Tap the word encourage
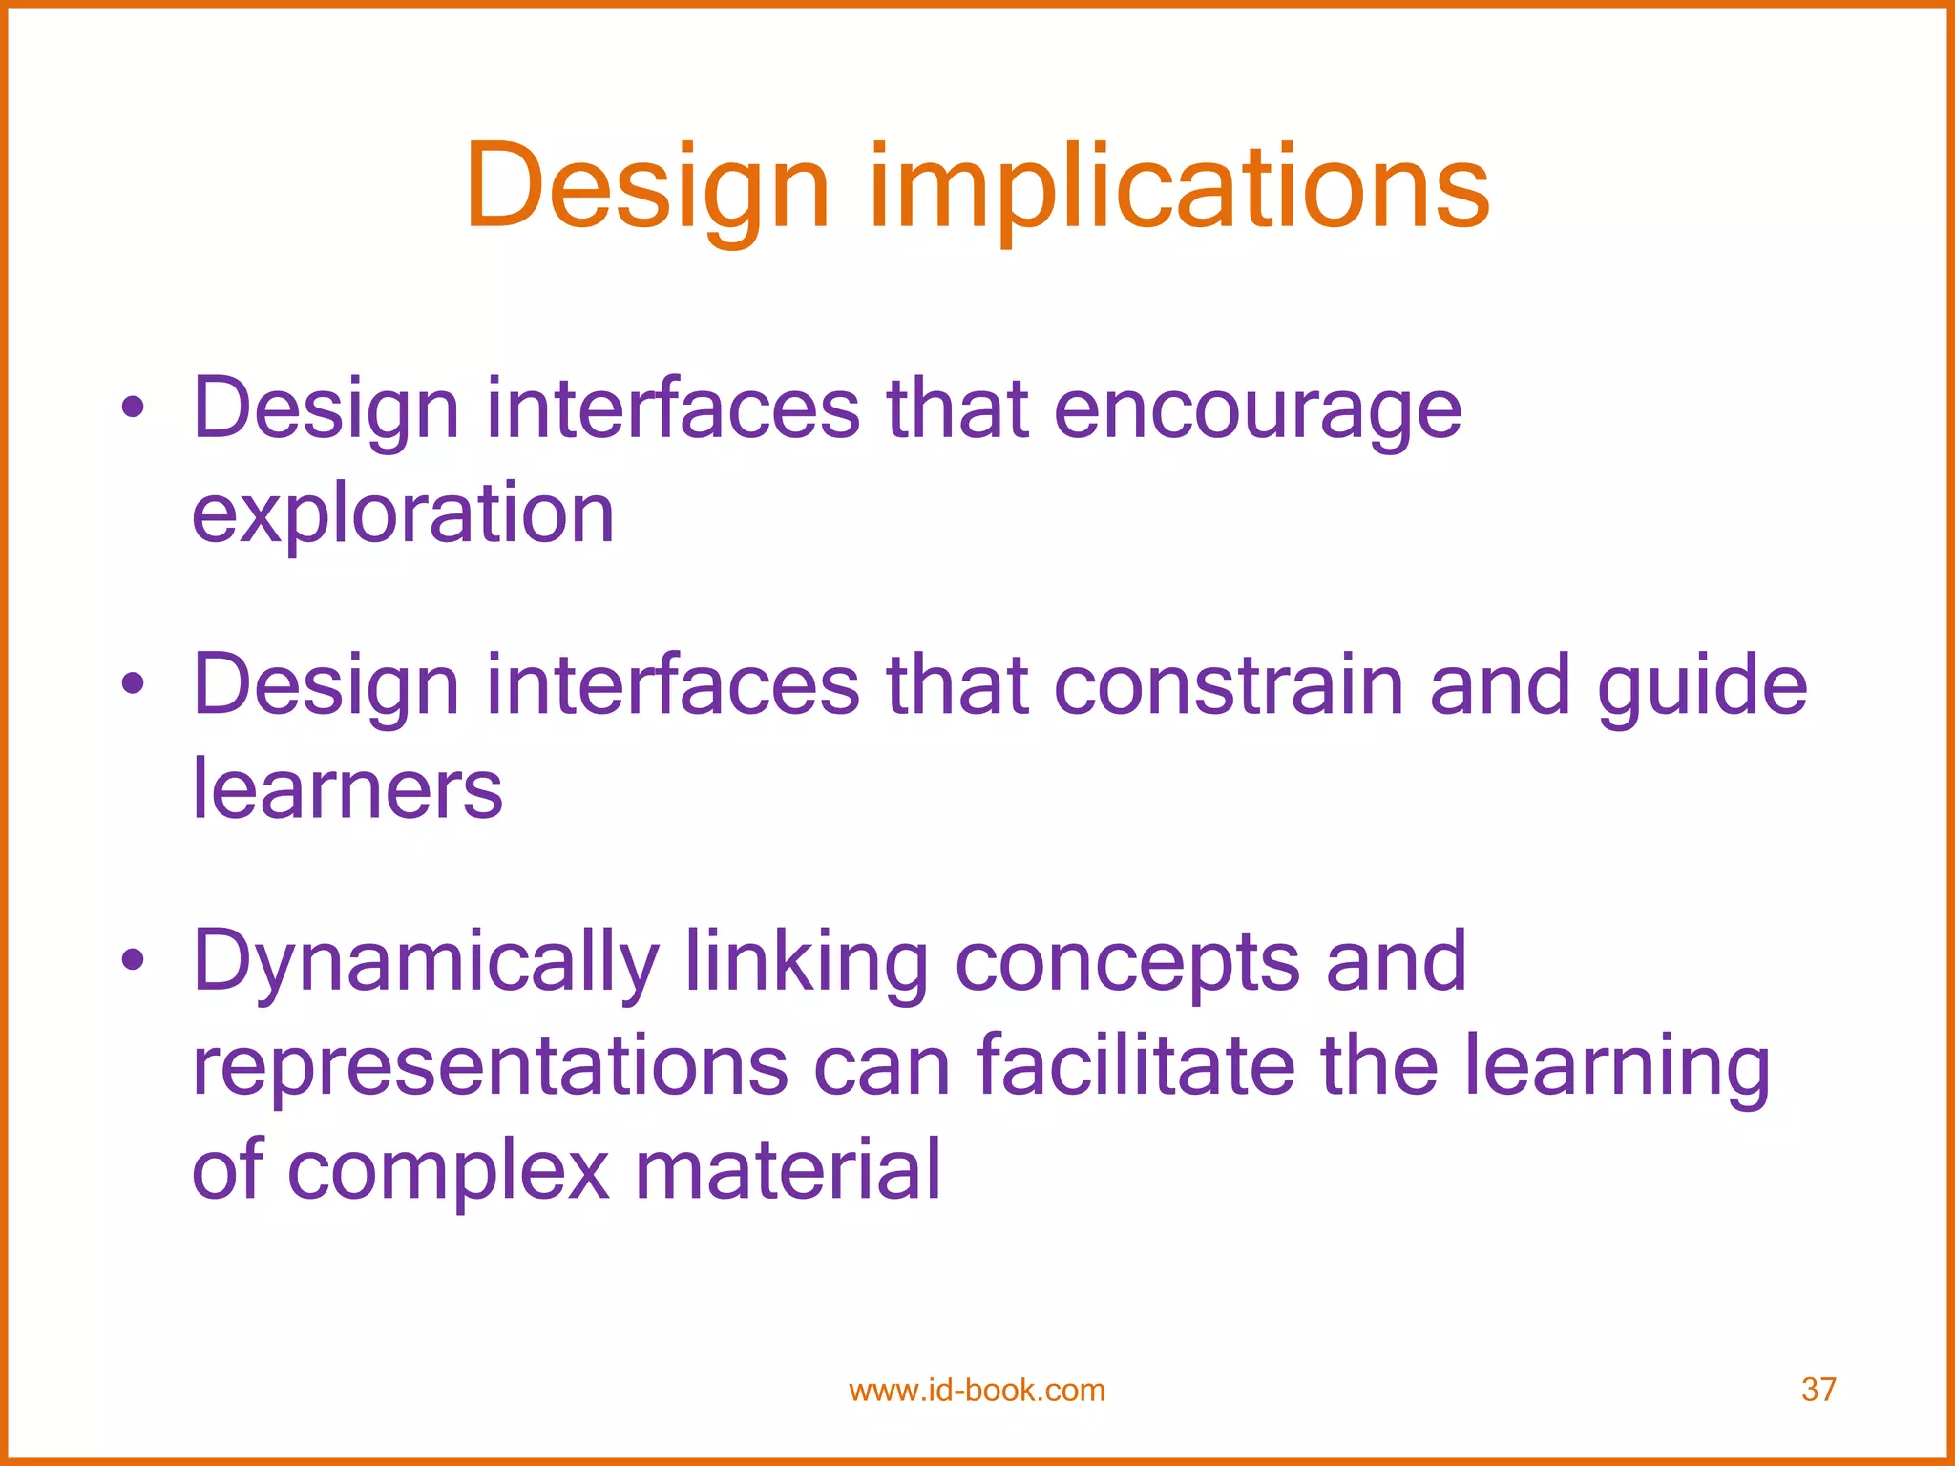1257,410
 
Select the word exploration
403,515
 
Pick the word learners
347,790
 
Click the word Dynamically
426,962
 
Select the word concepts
1127,962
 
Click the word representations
490,1066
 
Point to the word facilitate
1135,1066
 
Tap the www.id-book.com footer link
977,1390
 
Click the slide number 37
1818,1390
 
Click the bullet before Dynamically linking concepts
133,960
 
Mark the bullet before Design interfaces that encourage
133,408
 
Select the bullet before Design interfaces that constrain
133,683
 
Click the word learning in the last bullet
1617,1066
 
